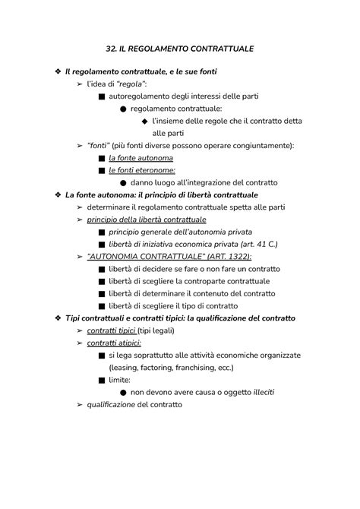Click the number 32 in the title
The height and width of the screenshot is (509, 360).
pyautogui.click(x=111, y=48)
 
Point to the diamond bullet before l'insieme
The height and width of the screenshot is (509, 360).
pyautogui.click(x=144, y=121)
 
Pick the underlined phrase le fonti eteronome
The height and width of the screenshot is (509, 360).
pyautogui.click(x=141, y=170)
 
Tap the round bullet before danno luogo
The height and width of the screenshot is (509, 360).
pyautogui.click(x=123, y=183)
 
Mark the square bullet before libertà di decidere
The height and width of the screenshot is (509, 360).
pyautogui.click(x=102, y=269)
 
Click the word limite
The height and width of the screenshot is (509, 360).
pyautogui.click(x=120, y=379)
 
